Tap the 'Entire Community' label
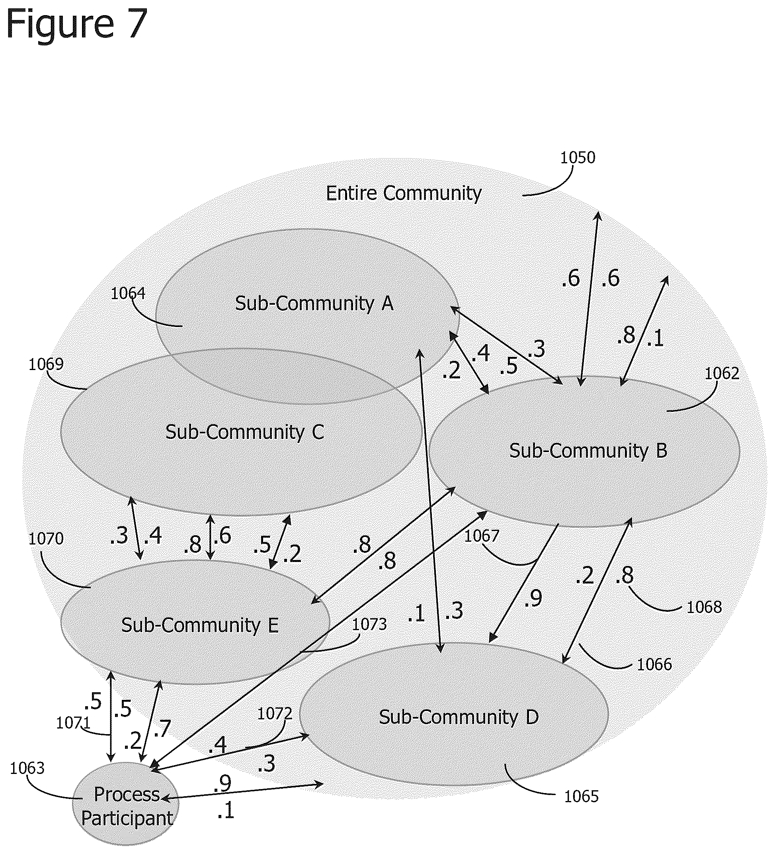[x=403, y=194]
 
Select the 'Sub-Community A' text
[x=314, y=303]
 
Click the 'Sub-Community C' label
[x=245, y=432]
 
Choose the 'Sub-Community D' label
[x=459, y=717]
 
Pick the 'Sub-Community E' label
[x=200, y=625]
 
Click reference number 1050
[x=578, y=158]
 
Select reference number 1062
[x=722, y=373]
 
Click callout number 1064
[x=128, y=293]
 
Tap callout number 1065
[x=582, y=797]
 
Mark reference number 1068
[x=704, y=607]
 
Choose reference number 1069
[x=46, y=364]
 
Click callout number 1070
[x=46, y=539]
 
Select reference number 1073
[x=369, y=625]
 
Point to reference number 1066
[x=654, y=664]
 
